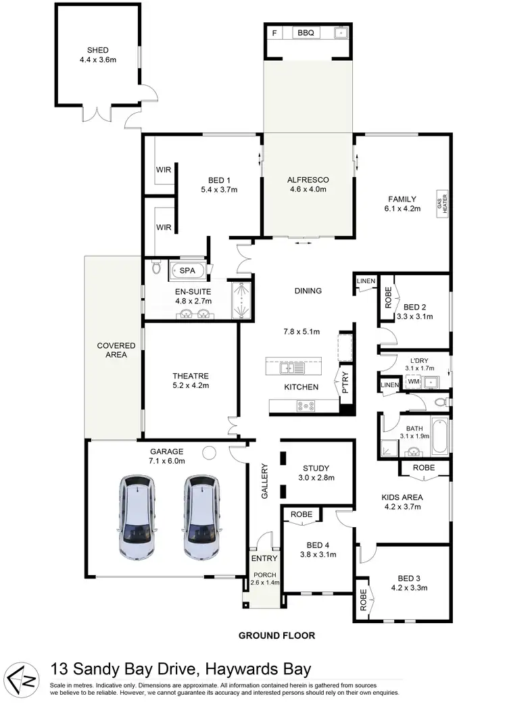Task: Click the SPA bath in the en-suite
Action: pyautogui.click(x=187, y=270)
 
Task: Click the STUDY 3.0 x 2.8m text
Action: pyautogui.click(x=317, y=472)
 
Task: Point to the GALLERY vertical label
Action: pyautogui.click(x=265, y=481)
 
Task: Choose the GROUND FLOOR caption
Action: pyautogui.click(x=276, y=635)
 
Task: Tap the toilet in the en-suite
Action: pyautogui.click(x=157, y=268)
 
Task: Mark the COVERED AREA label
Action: pyautogui.click(x=116, y=350)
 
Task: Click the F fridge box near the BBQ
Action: pyautogui.click(x=274, y=32)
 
